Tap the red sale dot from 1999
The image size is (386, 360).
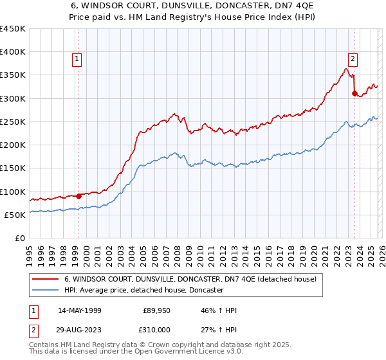[78, 196]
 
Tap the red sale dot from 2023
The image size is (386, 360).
[354, 93]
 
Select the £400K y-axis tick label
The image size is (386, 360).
[13, 52]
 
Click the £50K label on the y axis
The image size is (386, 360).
[15, 215]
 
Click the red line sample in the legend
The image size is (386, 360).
[46, 280]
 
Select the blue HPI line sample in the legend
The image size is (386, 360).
[46, 291]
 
